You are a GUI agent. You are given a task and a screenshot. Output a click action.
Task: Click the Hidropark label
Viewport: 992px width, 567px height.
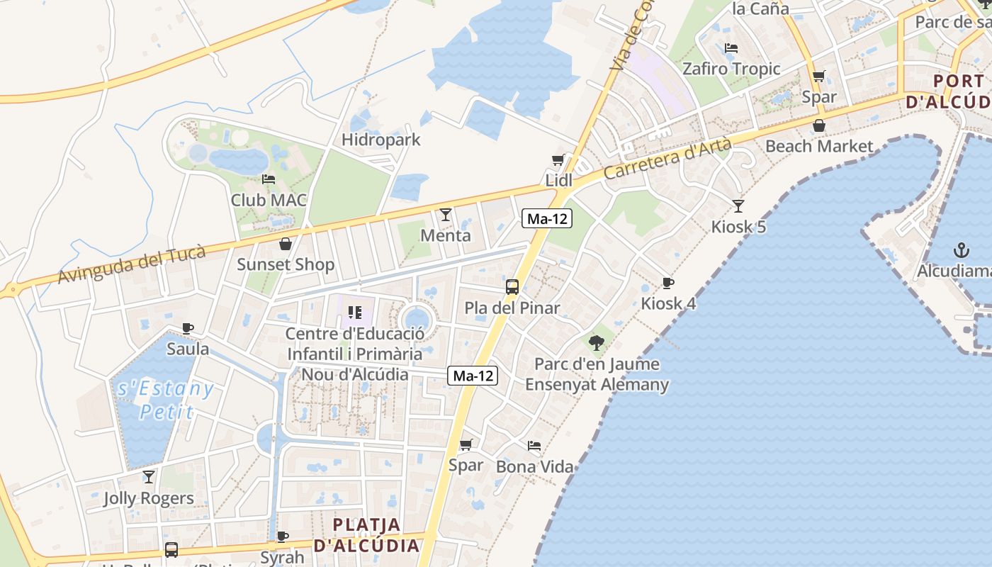pyautogui.click(x=381, y=140)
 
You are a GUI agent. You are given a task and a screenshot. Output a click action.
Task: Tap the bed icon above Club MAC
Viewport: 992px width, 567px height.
pyautogui.click(x=269, y=179)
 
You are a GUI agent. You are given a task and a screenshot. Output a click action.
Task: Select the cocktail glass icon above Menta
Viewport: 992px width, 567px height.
pyautogui.click(x=446, y=214)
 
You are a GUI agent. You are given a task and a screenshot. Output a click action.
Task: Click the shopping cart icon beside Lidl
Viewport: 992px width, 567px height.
pyautogui.click(x=558, y=160)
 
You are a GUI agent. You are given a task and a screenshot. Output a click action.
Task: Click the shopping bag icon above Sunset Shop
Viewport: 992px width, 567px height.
pyautogui.click(x=285, y=244)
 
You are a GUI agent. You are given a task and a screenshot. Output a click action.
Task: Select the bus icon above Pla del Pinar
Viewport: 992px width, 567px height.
pyautogui.click(x=512, y=287)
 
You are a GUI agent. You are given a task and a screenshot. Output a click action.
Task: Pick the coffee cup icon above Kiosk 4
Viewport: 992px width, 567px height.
pyautogui.click(x=668, y=283)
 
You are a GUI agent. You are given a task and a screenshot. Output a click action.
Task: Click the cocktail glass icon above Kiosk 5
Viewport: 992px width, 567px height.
pyautogui.click(x=738, y=206)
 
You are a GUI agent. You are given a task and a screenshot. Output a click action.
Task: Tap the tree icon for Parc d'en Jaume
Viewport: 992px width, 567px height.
pyautogui.click(x=597, y=343)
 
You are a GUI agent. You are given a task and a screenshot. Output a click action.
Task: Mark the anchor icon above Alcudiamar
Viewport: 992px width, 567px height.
pyautogui.click(x=962, y=250)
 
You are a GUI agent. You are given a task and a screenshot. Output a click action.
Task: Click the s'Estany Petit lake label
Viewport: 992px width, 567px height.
pyautogui.click(x=166, y=400)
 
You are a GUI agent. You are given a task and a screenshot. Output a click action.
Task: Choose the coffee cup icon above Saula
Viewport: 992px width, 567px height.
pyautogui.click(x=188, y=328)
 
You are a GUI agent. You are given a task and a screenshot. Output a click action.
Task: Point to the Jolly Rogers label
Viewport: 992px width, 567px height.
pyautogui.click(x=149, y=498)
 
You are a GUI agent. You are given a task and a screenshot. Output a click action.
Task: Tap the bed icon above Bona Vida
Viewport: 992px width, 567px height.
pyautogui.click(x=534, y=446)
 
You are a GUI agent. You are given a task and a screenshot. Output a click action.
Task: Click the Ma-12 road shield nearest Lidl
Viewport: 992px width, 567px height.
pyautogui.click(x=547, y=219)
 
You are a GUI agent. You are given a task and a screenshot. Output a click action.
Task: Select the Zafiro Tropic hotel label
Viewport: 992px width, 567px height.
pyautogui.click(x=731, y=69)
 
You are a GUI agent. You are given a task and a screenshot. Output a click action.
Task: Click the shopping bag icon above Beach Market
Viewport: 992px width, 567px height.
pyautogui.click(x=819, y=125)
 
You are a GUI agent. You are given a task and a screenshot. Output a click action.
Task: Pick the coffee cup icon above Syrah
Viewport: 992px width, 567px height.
pyautogui.click(x=283, y=537)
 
